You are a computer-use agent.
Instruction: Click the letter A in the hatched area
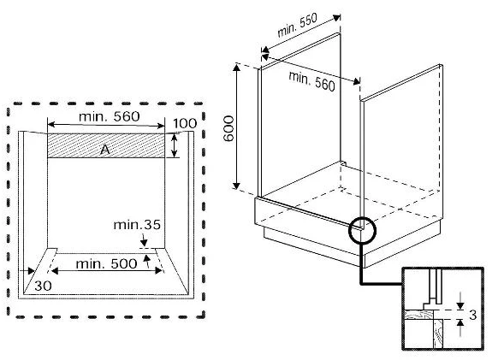tap(105, 149)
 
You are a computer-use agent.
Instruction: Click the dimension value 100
tap(185, 123)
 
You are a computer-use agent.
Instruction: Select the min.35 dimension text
tap(137, 225)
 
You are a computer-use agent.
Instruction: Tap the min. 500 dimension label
tap(106, 263)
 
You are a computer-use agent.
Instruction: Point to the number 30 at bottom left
tap(43, 286)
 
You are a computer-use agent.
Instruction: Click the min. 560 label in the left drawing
tap(110, 116)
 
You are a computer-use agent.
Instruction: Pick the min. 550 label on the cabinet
tap(297, 26)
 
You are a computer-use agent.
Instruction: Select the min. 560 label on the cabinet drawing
tap(311, 81)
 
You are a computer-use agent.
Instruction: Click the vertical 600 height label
tap(228, 128)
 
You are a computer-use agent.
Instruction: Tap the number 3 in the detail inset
tap(472, 315)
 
